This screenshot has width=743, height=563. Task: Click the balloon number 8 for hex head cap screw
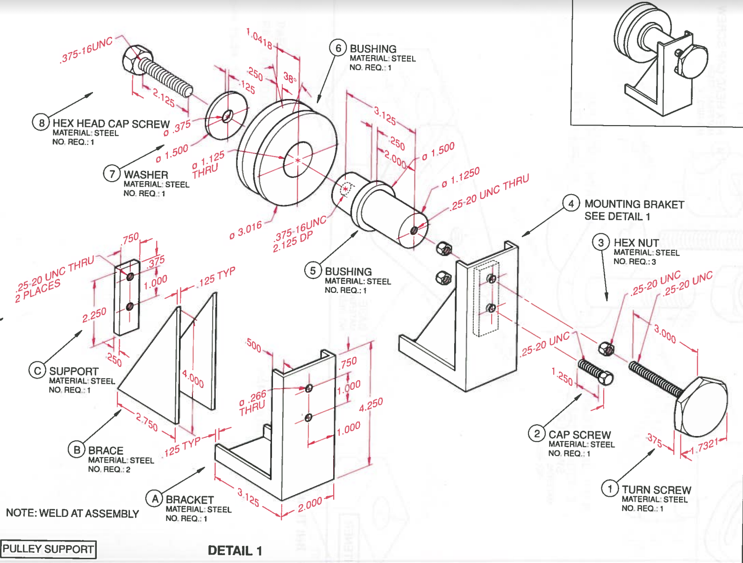pyautogui.click(x=41, y=123)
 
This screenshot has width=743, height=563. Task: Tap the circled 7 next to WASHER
pyautogui.click(x=112, y=174)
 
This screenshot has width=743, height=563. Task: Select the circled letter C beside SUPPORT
pyautogui.click(x=37, y=371)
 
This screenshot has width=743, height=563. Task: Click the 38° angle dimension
pyautogui.click(x=290, y=78)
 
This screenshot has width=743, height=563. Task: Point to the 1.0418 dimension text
pyautogui.click(x=260, y=39)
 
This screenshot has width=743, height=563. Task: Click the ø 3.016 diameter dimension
pyautogui.click(x=246, y=230)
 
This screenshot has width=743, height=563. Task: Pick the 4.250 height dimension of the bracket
pyautogui.click(x=371, y=404)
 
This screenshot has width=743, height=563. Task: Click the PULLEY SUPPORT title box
pyautogui.click(x=48, y=549)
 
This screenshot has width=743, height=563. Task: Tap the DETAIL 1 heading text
pyautogui.click(x=235, y=551)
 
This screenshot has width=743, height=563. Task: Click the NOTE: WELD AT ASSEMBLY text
pyautogui.click(x=72, y=514)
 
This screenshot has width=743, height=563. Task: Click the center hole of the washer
pyautogui.click(x=227, y=115)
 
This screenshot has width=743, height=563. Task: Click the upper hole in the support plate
pyautogui.click(x=130, y=276)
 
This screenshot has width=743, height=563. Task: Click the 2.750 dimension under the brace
pyautogui.click(x=147, y=422)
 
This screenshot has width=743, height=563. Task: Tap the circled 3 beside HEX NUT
pyautogui.click(x=601, y=242)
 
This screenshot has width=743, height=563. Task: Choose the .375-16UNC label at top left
pyautogui.click(x=86, y=50)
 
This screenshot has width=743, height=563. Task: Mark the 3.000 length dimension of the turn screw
pyautogui.click(x=664, y=334)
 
